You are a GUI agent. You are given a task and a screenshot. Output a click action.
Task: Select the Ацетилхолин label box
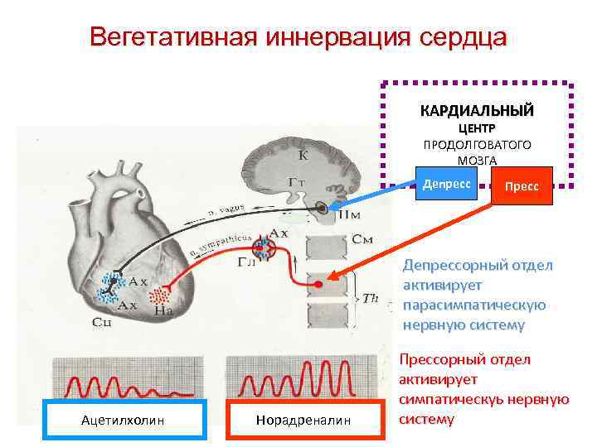tap(123, 421)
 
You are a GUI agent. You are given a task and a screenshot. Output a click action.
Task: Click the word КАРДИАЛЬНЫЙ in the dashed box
tap(477, 110)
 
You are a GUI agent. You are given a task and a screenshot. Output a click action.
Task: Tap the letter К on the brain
tap(303, 154)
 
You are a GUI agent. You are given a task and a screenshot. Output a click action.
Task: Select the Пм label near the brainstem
tap(349, 214)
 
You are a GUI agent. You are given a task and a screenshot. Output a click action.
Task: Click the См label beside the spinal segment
tap(362, 239)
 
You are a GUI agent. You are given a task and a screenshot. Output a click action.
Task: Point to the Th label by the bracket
tap(371, 298)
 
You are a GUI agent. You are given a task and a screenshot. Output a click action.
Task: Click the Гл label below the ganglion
tap(246, 262)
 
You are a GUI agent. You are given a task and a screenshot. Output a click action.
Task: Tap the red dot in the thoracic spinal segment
tap(318, 286)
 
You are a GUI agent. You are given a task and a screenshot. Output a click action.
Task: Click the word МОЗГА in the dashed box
tap(477, 160)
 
